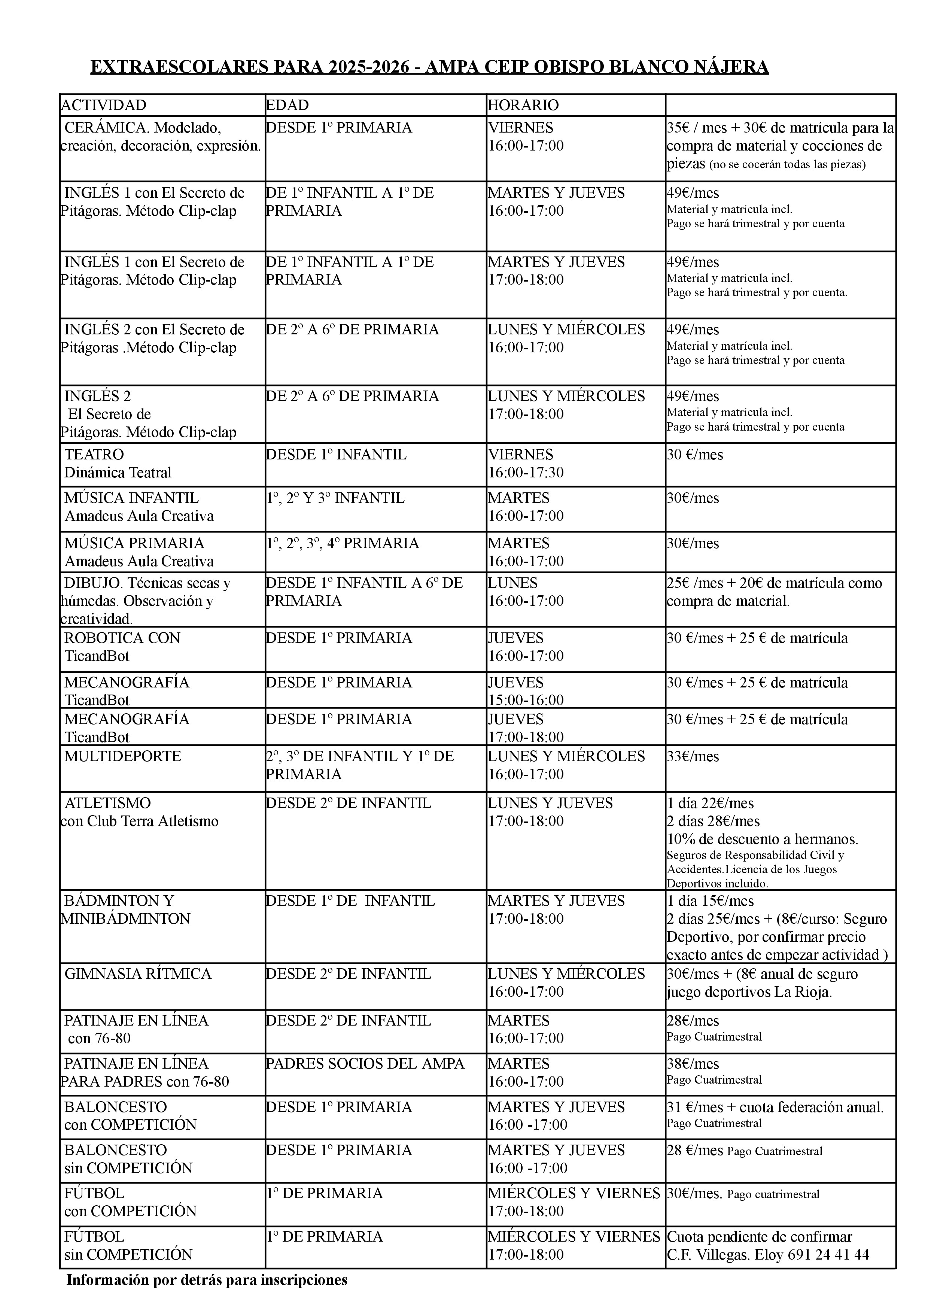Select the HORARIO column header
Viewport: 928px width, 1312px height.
pos(523,105)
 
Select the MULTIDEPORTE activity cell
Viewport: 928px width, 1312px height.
pos(122,757)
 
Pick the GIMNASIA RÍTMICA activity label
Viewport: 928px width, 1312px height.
pos(138,974)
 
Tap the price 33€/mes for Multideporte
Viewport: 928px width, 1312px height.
pos(694,757)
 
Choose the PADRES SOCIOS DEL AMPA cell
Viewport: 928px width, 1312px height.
pos(365,1064)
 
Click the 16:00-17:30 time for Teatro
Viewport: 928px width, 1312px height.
pos(526,473)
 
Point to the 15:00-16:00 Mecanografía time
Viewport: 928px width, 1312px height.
pos(526,700)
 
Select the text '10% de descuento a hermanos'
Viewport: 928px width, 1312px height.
pos(762,839)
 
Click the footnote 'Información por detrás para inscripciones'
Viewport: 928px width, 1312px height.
pos(207,1280)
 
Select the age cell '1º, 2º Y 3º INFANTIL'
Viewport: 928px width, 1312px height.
pos(335,498)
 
